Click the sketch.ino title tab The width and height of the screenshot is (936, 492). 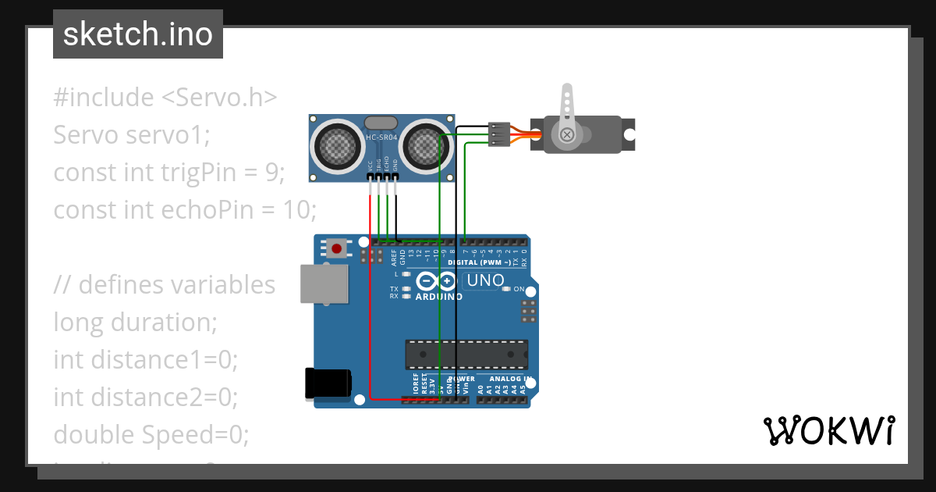pos(138,34)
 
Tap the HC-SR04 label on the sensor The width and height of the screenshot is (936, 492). pos(381,138)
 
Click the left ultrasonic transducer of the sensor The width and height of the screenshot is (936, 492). pos(339,144)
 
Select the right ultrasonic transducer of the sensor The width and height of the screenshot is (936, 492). pos(425,144)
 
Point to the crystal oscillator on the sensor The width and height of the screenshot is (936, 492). pos(381,123)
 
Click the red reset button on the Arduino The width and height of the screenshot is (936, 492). pos(337,248)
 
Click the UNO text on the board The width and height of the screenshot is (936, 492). pos(485,280)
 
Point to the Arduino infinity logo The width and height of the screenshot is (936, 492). pos(436,281)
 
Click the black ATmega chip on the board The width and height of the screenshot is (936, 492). pos(466,354)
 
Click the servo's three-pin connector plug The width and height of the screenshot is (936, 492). pos(499,134)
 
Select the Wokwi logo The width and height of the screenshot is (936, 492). pos(828,430)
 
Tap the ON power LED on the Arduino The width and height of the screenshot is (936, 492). pos(507,289)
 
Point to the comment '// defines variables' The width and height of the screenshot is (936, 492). pos(164,285)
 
